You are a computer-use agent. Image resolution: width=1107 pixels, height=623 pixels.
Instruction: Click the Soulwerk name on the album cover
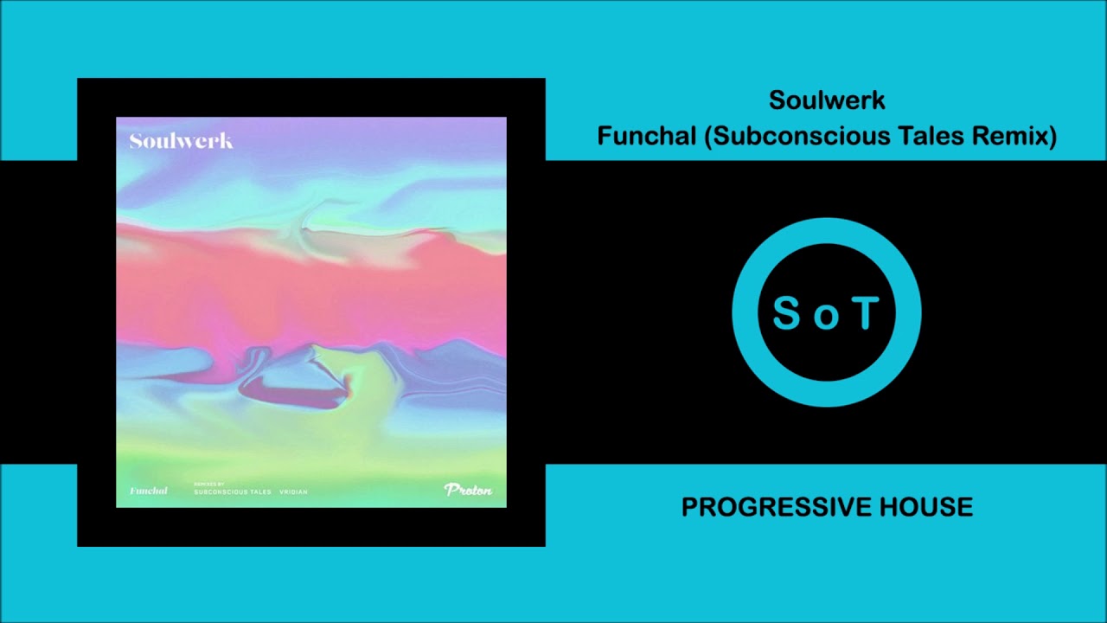[181, 141]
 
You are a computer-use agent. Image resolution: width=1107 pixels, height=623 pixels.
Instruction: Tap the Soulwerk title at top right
[827, 100]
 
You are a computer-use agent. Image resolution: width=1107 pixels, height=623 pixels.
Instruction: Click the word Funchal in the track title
[646, 137]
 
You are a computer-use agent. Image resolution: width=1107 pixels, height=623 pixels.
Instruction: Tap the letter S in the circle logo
[786, 313]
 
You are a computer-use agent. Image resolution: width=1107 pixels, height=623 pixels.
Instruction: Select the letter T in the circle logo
[866, 313]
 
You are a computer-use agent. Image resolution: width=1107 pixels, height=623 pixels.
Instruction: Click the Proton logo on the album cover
[468, 490]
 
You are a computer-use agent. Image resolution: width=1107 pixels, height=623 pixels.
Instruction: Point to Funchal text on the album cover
[148, 491]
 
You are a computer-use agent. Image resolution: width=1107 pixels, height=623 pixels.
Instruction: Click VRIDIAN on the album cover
[293, 492]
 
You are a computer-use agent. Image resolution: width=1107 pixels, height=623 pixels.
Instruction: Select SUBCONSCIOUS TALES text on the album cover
[232, 492]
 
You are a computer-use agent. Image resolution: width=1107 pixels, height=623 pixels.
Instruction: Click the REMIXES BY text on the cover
[208, 485]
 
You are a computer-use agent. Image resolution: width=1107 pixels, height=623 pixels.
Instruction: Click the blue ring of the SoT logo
[827, 229]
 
